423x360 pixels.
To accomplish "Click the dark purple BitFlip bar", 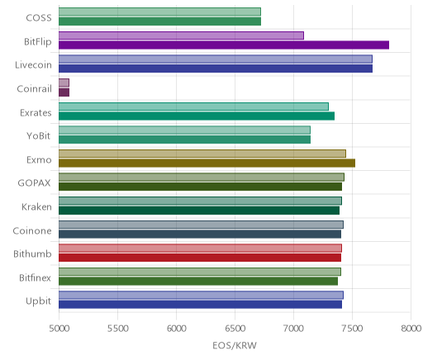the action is click(x=224, y=45).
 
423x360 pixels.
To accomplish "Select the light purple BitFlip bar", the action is click(x=181, y=36).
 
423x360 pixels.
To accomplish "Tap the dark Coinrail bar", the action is click(x=64, y=92).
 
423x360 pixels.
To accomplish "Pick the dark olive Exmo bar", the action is click(x=207, y=163).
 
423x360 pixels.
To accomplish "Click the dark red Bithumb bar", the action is click(x=200, y=258).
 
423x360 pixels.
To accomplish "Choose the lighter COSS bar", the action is click(x=159, y=12).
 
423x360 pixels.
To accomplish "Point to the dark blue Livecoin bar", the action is click(x=216, y=69).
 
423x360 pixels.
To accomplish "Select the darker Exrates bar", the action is click(x=197, y=116).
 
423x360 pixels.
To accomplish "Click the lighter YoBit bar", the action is click(x=184, y=130).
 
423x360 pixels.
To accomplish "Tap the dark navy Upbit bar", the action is click(x=200, y=305).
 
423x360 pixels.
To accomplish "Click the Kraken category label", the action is click(x=36, y=207).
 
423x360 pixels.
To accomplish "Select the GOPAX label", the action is click(x=35, y=183).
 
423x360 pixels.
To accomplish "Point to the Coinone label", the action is click(x=32, y=230).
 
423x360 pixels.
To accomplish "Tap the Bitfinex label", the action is click(x=36, y=277).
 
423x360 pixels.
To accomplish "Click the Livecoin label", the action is click(x=33, y=65).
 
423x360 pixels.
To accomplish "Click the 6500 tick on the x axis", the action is click(x=235, y=329).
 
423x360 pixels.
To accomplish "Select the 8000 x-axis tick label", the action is click(x=411, y=329).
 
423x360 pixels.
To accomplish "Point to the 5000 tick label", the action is click(x=59, y=329).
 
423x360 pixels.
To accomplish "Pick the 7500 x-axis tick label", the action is click(x=352, y=329).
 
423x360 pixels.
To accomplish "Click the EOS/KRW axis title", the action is click(x=235, y=345).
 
